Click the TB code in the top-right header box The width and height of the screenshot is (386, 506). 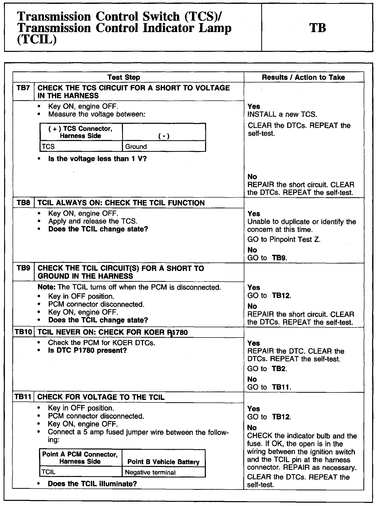coord(318,28)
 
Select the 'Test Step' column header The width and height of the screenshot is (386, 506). coord(124,77)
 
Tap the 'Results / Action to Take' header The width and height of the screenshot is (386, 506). coord(303,77)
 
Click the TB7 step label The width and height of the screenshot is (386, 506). coord(23,88)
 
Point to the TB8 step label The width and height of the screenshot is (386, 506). coord(23,203)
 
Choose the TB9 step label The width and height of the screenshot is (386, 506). coord(23,268)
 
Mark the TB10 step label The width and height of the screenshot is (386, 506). coord(23,332)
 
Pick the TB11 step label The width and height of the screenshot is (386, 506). coord(23,397)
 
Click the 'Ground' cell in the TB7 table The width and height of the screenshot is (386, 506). coord(136,147)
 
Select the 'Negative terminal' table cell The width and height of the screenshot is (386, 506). coord(150,472)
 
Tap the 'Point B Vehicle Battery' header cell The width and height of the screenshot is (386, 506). coord(163,462)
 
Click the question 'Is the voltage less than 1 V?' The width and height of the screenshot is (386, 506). coord(97,159)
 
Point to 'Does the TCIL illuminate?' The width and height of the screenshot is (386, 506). coord(92,484)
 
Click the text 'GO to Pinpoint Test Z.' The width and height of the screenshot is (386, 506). coord(284,239)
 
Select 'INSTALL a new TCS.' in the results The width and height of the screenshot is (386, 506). coord(282,114)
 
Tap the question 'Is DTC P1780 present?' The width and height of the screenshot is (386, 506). coord(87,350)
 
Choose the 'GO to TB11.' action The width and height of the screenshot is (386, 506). coord(269,387)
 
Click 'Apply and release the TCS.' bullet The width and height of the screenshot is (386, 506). coord(93,221)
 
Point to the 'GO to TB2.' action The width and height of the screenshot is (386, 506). coord(267,369)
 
